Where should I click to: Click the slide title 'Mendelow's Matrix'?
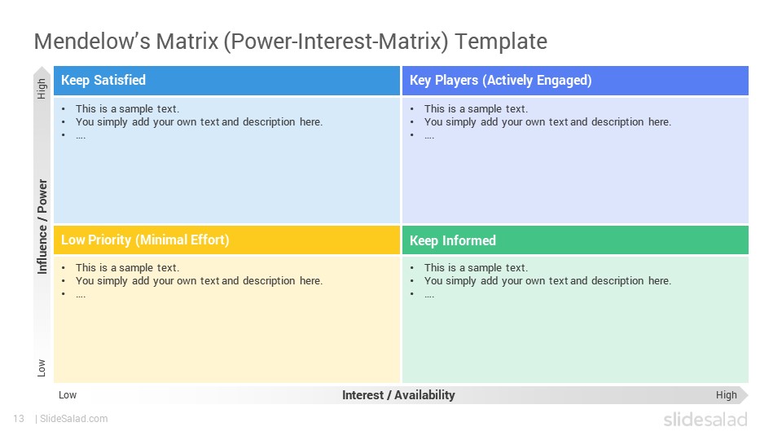pos(126,41)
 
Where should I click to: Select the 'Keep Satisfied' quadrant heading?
pos(103,81)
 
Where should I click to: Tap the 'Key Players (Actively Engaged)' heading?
pos(501,81)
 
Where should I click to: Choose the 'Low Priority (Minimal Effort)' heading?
pos(145,240)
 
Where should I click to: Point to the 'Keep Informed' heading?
pos(453,240)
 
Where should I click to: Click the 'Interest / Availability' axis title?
pos(398,395)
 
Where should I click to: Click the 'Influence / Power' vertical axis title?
pos(42,227)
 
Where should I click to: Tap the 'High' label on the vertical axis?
pos(42,89)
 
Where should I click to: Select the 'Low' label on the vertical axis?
pos(42,367)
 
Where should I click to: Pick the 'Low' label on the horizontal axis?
pos(68,395)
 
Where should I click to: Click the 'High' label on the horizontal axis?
pos(726,395)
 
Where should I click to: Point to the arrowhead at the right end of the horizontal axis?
pos(744,395)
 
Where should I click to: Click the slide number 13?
pos(19,419)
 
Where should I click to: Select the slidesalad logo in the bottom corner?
pos(705,419)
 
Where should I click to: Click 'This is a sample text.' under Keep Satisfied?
pos(127,108)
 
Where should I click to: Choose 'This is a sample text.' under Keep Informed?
pos(476,268)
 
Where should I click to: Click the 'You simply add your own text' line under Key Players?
pos(547,121)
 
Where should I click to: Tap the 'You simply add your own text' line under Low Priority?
pos(199,281)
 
